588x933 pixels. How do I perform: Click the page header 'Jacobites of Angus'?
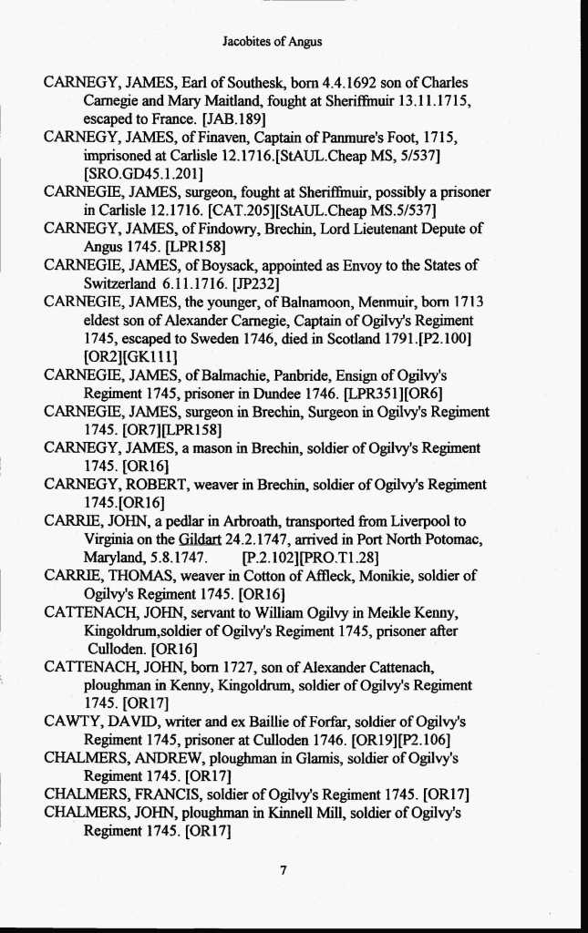point(272,41)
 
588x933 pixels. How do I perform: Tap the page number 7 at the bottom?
point(284,870)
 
